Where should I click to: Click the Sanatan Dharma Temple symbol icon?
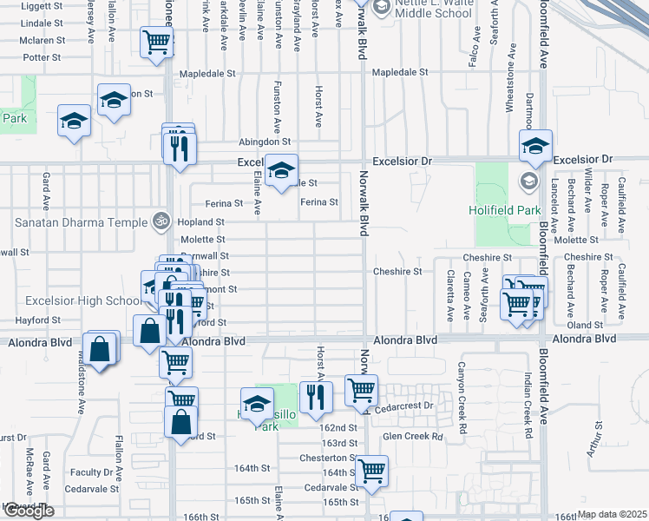tap(159, 221)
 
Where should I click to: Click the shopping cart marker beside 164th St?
tap(371, 471)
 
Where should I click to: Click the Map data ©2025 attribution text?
tap(612, 514)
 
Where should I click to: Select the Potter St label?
tap(43, 57)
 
